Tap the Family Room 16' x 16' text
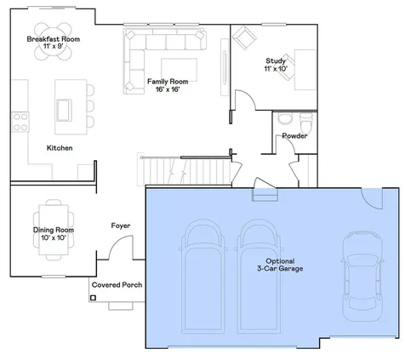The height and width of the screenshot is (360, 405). click(168, 85)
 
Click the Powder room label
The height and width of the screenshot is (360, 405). click(294, 136)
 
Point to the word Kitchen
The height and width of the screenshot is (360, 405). click(60, 148)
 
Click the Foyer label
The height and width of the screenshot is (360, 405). click(121, 226)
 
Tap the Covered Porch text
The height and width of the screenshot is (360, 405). click(117, 285)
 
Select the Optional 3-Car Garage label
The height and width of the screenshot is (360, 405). click(280, 265)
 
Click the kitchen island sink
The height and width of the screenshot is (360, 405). click(64, 110)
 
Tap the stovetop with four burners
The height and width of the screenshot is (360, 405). click(20, 122)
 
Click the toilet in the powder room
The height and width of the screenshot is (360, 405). click(306, 124)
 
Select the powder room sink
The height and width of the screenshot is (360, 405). click(284, 118)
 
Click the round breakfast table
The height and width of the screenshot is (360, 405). click(53, 42)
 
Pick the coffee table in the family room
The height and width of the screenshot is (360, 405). click(180, 70)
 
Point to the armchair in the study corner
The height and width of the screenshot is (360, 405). click(244, 37)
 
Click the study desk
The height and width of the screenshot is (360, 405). click(305, 70)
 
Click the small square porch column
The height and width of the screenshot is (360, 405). click(93, 298)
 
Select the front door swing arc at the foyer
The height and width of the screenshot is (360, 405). click(117, 242)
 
